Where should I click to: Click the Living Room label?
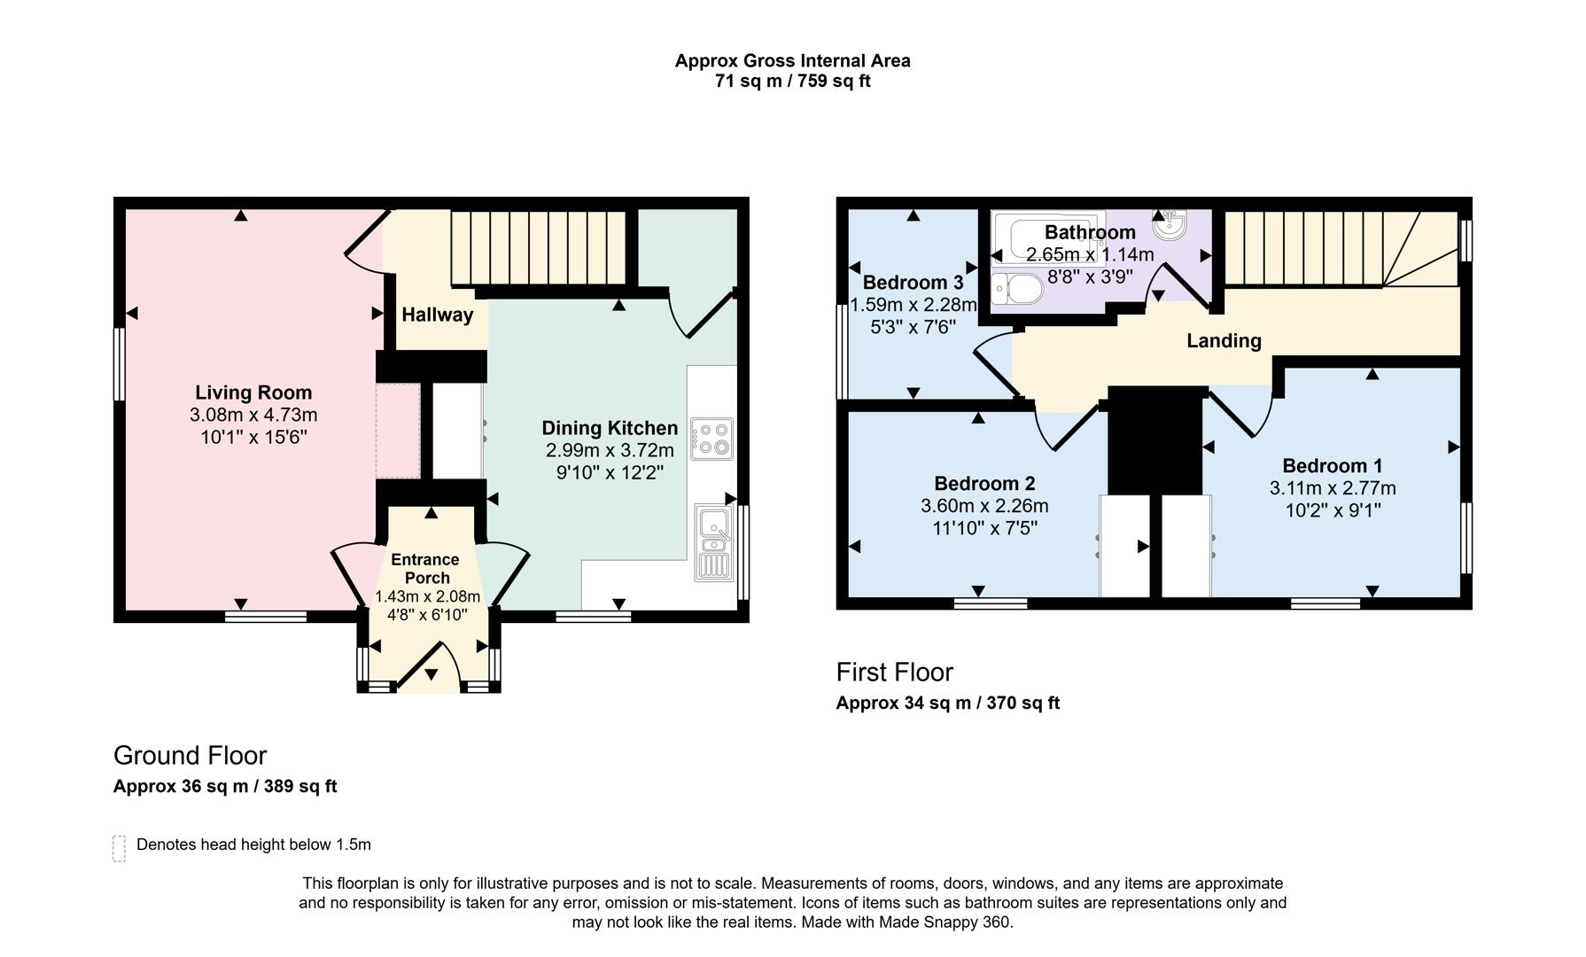(x=253, y=393)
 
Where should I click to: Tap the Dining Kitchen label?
(x=610, y=429)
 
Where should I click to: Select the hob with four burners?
(x=712, y=439)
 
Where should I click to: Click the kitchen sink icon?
(x=713, y=542)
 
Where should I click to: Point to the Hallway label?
(x=437, y=315)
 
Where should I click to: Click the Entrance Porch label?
(x=425, y=568)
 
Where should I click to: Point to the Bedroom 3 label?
(x=913, y=283)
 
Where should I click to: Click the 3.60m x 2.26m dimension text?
(x=984, y=506)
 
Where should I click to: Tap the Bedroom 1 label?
(x=1332, y=466)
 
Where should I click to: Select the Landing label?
(x=1224, y=341)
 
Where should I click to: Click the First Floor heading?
(x=894, y=673)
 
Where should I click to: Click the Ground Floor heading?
(x=190, y=756)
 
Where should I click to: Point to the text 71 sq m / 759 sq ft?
(x=792, y=82)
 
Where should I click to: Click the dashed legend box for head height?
(x=120, y=848)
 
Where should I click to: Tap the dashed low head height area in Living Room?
(x=398, y=431)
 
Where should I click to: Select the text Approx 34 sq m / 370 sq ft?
(x=947, y=704)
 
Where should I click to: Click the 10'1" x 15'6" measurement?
(x=253, y=437)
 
